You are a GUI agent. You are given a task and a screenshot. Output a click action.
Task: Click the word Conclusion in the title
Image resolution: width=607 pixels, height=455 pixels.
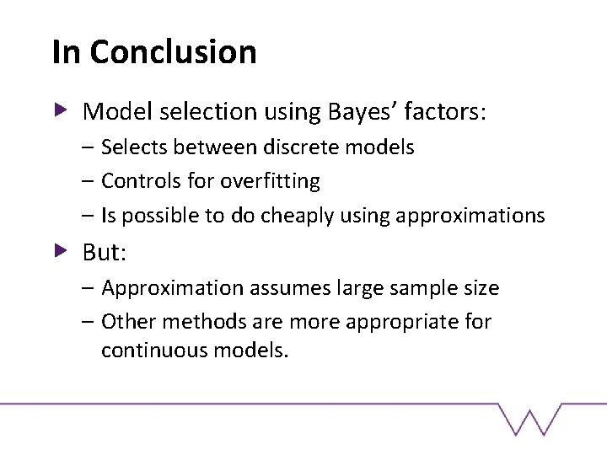173,51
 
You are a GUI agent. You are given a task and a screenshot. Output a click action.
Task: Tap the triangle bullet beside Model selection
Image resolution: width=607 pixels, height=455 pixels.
61,110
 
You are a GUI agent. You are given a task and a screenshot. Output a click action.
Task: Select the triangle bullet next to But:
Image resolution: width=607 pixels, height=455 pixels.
61,251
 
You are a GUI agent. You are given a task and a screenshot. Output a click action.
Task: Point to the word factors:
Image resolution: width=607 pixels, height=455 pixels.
445,111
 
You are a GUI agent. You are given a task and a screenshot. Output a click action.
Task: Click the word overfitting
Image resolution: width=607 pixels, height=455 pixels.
270,181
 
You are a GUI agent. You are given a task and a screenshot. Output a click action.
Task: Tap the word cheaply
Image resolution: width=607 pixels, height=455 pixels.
297,216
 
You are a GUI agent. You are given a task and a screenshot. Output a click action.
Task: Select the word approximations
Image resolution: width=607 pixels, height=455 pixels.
470,216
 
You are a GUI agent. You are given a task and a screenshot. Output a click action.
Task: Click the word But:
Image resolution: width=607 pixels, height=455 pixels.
105,252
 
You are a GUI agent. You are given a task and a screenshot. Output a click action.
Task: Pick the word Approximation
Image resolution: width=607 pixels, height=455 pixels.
173,288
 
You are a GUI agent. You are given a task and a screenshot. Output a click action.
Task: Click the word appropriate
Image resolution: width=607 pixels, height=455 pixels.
401,322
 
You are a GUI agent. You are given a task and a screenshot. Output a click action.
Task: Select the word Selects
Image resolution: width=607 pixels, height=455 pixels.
134,147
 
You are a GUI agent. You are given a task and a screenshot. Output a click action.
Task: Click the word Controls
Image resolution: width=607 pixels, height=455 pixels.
142,180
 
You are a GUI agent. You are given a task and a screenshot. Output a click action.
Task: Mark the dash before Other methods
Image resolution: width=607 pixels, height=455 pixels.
88,321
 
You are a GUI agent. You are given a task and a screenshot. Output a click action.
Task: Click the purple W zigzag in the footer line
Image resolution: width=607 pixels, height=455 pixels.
529,419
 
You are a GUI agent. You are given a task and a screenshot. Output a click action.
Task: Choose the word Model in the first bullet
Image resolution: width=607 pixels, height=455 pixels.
117,111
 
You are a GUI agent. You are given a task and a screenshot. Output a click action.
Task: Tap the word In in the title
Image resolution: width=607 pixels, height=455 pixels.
67,51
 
